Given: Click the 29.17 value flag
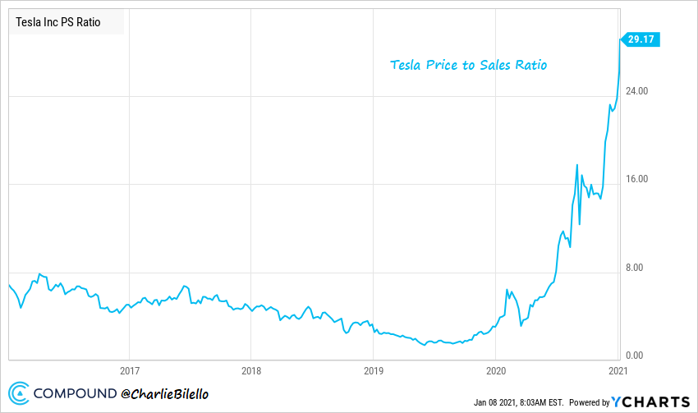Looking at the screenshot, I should point(641,39).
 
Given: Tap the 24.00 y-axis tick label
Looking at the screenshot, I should point(638,90).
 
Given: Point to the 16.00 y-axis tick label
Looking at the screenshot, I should point(638,179).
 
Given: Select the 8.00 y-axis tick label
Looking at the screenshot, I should point(638,268).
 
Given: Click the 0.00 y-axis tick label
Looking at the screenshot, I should point(638,356).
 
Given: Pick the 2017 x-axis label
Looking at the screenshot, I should point(129,370).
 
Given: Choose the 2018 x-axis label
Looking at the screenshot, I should point(251,370).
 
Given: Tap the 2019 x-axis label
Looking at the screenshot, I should point(373,370).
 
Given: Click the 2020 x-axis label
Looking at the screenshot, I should point(495,370).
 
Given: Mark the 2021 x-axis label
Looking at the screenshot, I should point(618,370).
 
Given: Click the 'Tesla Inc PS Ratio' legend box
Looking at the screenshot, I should point(66,22).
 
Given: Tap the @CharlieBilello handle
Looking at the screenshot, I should point(165,394).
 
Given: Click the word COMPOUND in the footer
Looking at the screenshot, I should point(75,394).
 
